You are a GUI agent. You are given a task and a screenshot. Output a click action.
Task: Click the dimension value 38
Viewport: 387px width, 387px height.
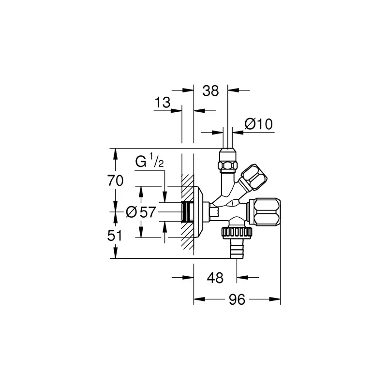210,91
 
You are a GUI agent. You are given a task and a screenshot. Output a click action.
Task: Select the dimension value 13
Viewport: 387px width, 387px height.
163,102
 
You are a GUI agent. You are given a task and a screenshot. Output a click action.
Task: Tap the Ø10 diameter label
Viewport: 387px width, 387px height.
258,124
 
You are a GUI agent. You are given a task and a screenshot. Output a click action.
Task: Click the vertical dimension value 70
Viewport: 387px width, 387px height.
115,180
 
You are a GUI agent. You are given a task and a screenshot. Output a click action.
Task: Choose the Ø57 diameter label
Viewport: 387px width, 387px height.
141,212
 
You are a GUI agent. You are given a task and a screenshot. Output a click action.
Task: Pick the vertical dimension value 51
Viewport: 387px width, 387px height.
115,236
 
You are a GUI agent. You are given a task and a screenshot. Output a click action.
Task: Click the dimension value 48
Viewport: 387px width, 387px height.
215,278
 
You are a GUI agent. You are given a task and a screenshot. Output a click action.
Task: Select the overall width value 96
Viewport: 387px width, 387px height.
237,299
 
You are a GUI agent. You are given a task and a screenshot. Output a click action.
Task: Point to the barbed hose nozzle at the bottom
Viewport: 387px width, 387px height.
237,249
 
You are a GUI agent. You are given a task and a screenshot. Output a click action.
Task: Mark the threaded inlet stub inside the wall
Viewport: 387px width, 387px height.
187,211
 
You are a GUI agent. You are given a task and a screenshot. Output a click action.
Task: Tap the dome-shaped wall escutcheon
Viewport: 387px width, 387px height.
199,212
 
